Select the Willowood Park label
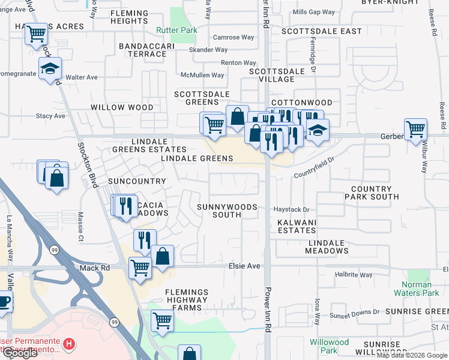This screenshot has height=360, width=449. pos(329,346)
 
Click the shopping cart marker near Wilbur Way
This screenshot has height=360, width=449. pos(415,128)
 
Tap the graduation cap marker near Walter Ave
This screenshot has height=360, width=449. pos(50,68)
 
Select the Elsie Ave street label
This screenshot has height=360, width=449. pos(244,266)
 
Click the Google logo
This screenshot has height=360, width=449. pos(19,353)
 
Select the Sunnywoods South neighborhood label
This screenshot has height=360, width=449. pos(227,211)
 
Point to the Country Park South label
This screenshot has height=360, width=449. pos(375,193)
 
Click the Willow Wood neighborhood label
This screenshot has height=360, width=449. pos(122,107)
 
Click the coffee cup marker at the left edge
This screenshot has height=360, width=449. pos(4,301)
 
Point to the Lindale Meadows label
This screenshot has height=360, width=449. pos(327,247)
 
